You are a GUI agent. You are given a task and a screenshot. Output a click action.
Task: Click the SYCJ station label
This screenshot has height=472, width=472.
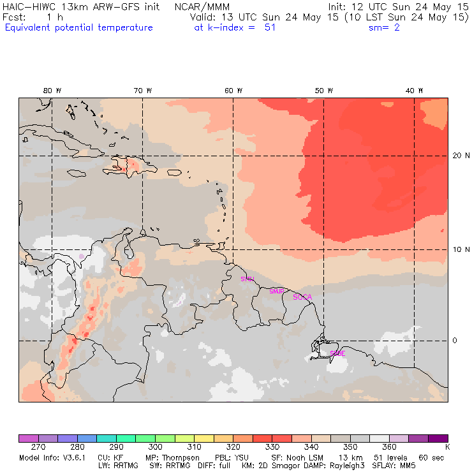247,279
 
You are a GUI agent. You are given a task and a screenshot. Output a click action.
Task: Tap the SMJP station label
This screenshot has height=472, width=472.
276,291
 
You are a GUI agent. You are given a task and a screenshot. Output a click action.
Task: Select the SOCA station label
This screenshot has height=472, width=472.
302,297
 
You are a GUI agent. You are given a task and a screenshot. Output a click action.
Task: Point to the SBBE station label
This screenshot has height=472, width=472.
337,353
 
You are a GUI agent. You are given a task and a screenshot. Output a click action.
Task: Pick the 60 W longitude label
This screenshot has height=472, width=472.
233,91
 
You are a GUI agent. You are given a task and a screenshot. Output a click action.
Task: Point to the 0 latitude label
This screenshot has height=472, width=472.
455,341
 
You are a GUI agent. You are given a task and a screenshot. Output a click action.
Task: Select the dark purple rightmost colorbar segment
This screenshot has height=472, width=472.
437,438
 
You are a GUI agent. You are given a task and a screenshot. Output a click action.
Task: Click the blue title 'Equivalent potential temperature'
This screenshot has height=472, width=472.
78,27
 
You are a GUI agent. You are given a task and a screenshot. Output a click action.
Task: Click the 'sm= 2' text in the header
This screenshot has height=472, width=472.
384,27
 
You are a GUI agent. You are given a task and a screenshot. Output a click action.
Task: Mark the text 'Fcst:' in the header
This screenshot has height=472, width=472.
15,17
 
